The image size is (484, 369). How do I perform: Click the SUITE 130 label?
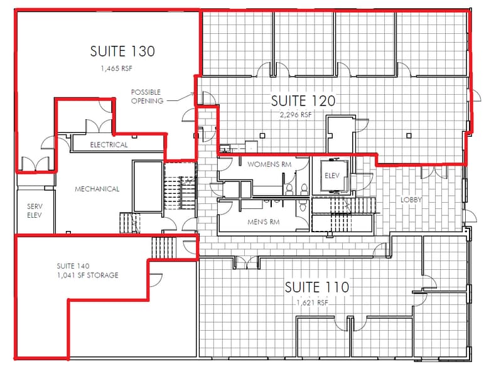click(x=122, y=51)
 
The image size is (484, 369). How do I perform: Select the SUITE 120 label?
click(x=303, y=100)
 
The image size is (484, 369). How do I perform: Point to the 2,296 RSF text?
click(x=296, y=115)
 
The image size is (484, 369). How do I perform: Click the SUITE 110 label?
click(x=316, y=287)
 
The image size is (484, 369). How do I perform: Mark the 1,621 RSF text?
click(x=313, y=302)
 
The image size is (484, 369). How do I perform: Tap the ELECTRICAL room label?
click(x=109, y=145)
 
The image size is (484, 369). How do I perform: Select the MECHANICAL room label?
click(x=97, y=189)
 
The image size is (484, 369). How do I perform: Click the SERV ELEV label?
click(x=34, y=210)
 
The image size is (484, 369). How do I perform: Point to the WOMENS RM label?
click(x=270, y=164)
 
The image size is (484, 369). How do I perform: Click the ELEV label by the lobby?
click(x=331, y=176)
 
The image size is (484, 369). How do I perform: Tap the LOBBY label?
click(x=411, y=200)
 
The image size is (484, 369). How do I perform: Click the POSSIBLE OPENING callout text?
click(x=146, y=96)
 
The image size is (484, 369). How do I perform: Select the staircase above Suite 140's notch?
click(x=161, y=247)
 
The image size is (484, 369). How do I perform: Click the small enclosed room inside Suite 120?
click(x=339, y=134)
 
